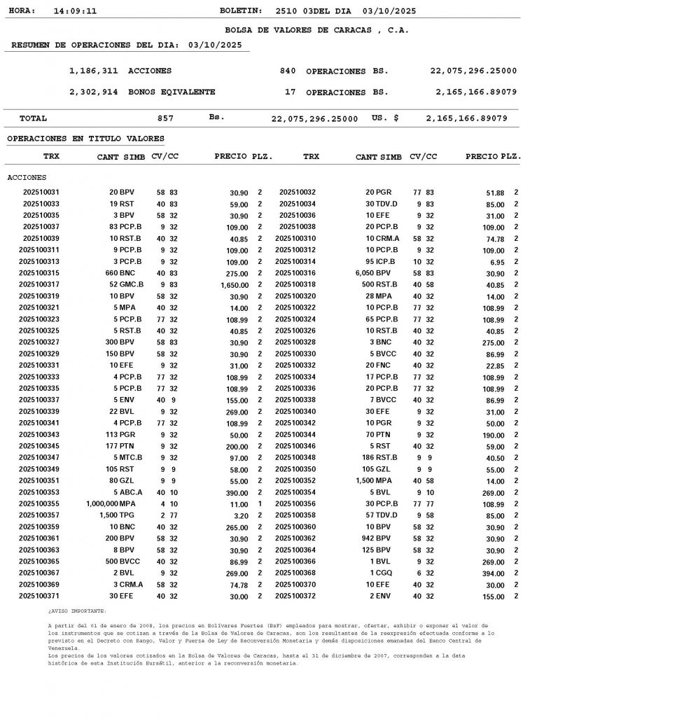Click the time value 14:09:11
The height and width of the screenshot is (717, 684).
click(75, 11)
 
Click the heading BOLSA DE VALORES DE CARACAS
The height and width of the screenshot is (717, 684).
click(316, 30)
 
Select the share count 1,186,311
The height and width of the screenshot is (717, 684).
click(93, 71)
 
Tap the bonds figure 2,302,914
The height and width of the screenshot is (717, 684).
click(93, 92)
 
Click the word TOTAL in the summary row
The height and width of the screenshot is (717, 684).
click(33, 118)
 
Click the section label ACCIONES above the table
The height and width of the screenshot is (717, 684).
click(27, 177)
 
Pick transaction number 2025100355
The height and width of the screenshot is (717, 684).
click(39, 503)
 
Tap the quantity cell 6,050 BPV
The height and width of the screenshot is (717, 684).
click(373, 273)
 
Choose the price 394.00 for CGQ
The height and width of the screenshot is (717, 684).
click(492, 573)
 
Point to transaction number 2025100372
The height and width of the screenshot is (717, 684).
click(295, 596)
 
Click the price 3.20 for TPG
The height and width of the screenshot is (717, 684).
click(240, 515)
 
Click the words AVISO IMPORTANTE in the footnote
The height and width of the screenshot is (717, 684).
click(77, 611)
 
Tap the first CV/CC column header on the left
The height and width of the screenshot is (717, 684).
click(165, 156)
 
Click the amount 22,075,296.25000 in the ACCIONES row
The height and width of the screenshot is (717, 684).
click(473, 71)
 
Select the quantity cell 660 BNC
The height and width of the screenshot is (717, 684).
click(120, 273)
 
